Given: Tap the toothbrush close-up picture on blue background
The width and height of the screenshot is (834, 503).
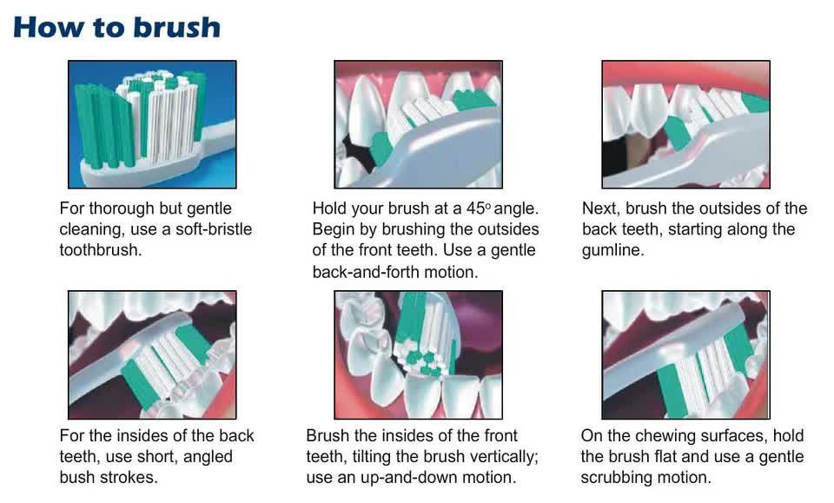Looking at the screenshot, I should [152, 124].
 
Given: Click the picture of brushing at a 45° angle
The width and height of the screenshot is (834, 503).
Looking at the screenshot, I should [418, 124].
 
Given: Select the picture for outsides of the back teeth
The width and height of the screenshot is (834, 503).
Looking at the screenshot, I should [685, 124].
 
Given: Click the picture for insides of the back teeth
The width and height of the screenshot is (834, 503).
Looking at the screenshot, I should [152, 354].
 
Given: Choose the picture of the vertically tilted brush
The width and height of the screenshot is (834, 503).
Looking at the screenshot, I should [418, 354].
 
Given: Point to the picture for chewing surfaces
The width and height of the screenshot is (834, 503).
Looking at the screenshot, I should [685, 354].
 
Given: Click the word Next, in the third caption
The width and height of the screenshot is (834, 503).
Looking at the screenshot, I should [601, 208].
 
